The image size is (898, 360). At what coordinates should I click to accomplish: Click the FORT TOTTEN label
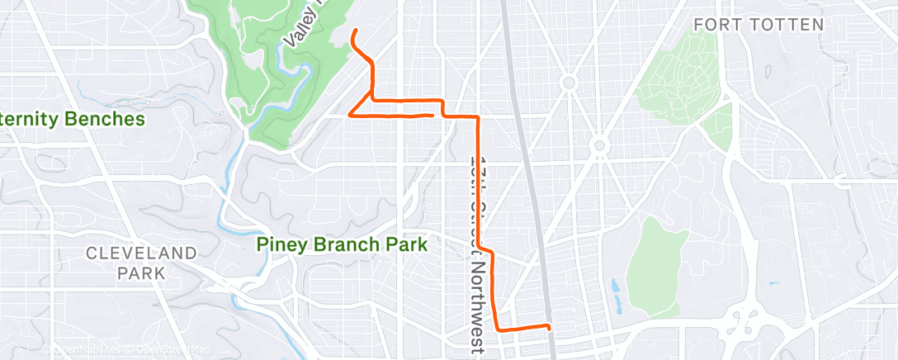click(759, 25)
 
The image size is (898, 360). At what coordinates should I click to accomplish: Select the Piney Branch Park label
click(342, 244)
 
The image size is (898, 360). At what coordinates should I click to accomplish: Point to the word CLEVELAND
click(142, 253)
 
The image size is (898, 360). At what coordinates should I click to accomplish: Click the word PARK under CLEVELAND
click(142, 272)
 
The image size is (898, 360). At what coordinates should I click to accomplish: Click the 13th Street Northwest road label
click(476, 248)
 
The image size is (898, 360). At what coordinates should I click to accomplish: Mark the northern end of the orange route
click(355, 31)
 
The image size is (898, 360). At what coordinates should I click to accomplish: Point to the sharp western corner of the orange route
click(352, 115)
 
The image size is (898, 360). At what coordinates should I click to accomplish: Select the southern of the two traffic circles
click(600, 146)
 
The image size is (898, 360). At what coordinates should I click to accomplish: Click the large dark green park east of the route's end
click(656, 260)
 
